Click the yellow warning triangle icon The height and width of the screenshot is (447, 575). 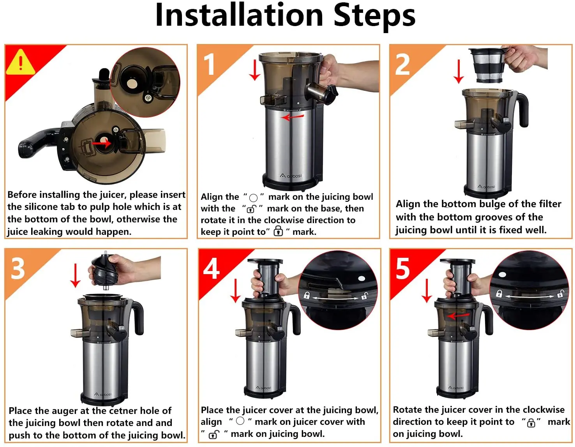(x=20, y=63)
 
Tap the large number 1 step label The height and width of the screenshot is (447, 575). (x=210, y=64)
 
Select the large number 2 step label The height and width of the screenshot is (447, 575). (x=402, y=64)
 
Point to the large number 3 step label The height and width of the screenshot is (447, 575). (x=18, y=268)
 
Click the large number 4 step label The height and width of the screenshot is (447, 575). (x=211, y=268)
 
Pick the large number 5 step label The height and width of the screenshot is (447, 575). (x=403, y=268)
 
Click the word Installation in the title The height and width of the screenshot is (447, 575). (x=239, y=15)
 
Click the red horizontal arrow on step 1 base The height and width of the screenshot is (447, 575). (x=292, y=117)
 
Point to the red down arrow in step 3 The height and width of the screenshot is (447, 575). (x=76, y=275)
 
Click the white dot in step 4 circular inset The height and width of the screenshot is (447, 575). (x=362, y=278)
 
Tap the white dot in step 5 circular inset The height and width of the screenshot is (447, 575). (x=502, y=275)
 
